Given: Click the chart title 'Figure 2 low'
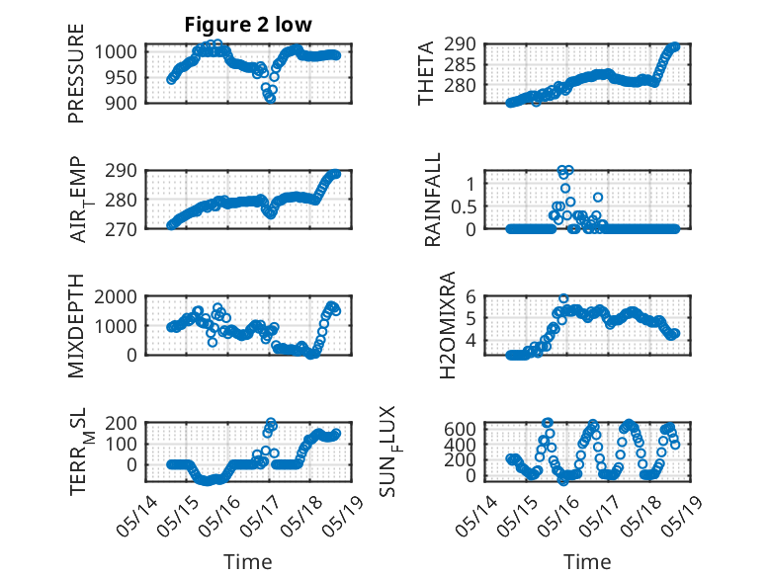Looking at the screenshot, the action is [248, 25].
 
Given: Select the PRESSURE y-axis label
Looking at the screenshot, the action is [76, 73].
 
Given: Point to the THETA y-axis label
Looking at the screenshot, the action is [426, 73].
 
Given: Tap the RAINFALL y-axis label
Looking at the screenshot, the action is [433, 200].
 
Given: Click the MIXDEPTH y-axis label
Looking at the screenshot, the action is [76, 326].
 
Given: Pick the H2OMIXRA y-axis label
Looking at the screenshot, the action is [448, 325].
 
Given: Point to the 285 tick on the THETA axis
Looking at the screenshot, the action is [460, 64].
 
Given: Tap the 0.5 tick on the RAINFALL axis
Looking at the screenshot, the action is [464, 206].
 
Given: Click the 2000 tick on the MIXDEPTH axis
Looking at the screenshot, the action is [116, 296].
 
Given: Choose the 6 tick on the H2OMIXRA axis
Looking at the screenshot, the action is [471, 296].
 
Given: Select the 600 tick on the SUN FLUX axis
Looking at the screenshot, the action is [460, 429].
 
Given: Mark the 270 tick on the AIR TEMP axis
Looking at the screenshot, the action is [121, 229].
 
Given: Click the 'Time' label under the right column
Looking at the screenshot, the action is [587, 562].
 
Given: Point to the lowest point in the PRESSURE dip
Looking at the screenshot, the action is [271, 99].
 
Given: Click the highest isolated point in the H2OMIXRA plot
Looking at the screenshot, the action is [564, 298].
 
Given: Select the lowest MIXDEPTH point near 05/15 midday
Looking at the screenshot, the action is [213, 342].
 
